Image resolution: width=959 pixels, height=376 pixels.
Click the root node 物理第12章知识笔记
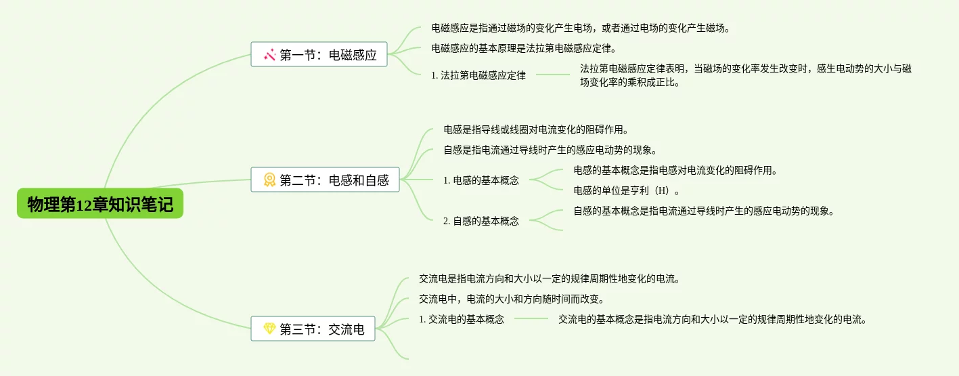point(100,205)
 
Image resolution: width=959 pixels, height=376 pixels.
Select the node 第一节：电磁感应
point(319,55)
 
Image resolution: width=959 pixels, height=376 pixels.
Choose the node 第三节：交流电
point(313,330)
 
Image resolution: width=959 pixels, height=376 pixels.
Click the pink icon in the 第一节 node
point(269,55)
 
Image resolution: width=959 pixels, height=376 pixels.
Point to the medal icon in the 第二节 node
point(269,180)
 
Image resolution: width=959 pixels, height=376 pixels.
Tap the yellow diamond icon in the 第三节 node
point(269,330)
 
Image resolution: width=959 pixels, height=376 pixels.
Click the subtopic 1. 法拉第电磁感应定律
point(478,76)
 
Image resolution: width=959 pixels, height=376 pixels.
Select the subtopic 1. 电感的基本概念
point(481,181)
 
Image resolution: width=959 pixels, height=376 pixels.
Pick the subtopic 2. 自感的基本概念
point(481,221)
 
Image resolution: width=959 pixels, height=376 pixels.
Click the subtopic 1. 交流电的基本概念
point(462,319)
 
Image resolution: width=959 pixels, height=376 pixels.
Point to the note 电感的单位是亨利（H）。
point(627,190)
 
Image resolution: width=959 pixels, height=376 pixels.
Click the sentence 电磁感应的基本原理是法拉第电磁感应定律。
point(524,49)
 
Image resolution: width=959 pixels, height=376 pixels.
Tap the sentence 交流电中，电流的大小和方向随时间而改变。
point(512,299)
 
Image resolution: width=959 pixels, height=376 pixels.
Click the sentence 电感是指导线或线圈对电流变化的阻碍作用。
point(536,129)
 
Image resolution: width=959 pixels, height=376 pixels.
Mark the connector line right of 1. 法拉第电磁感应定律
point(553,75)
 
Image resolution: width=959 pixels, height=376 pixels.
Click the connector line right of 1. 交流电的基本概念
point(531,318)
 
